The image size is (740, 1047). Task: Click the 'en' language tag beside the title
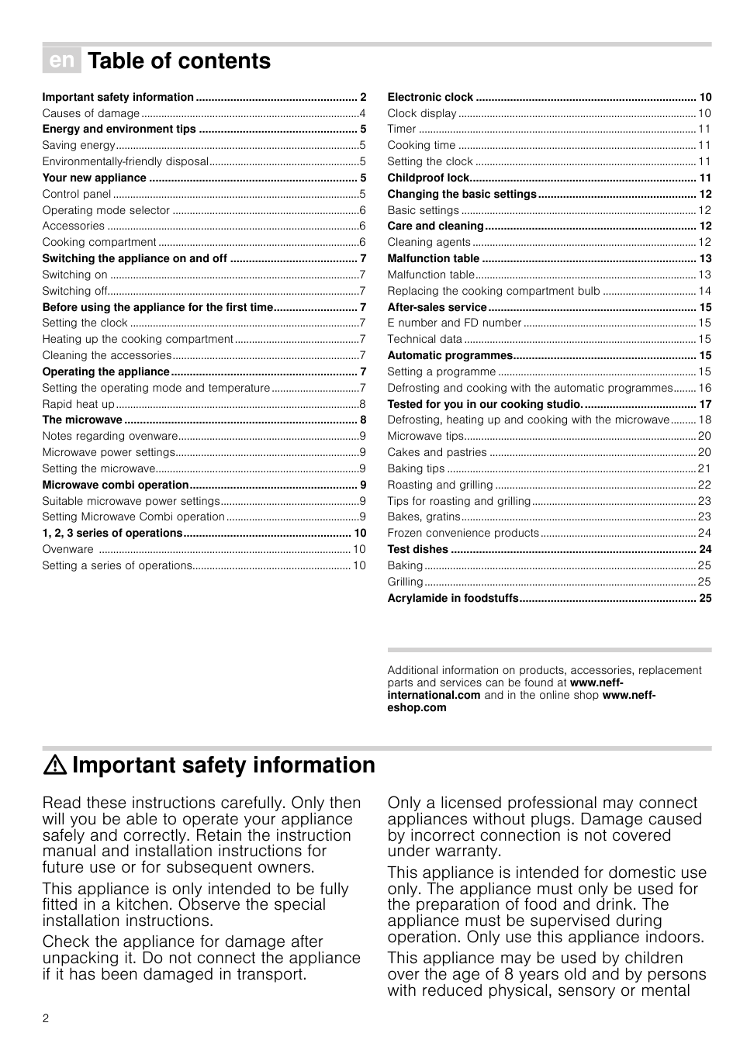click(61, 60)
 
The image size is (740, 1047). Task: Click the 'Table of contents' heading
click(179, 61)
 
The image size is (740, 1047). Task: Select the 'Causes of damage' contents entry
click(91, 113)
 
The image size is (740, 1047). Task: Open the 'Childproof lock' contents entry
click(428, 178)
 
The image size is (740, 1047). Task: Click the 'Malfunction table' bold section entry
click(433, 258)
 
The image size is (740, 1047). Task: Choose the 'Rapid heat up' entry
click(78, 404)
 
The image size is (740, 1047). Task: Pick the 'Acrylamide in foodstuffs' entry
click(453, 598)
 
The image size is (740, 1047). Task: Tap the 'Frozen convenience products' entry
click(463, 533)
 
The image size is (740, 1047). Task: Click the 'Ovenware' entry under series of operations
click(67, 549)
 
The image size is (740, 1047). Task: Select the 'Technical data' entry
click(424, 339)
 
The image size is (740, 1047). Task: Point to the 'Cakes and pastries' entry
click(437, 452)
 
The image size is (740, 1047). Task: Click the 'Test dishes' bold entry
click(417, 549)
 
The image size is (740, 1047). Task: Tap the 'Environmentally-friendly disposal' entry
click(125, 161)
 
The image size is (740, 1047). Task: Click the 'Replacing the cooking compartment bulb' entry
click(493, 291)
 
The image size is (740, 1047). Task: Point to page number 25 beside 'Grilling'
click(704, 582)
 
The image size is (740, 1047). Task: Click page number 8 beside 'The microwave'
click(363, 420)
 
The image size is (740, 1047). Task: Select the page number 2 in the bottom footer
click(46, 1018)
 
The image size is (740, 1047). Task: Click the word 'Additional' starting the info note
click(411, 670)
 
